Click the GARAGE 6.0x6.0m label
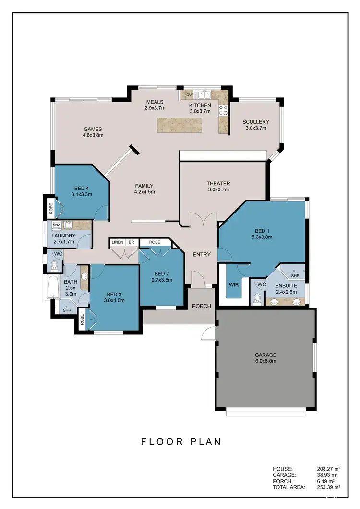[x=265, y=358]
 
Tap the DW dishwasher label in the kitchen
[x=189, y=95]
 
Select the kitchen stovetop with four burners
[x=223, y=110]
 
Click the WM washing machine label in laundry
[x=56, y=225]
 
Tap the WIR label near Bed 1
[x=234, y=284]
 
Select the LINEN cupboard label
[x=118, y=242]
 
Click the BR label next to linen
[x=131, y=242]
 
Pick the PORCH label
[x=202, y=306]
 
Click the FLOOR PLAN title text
[x=181, y=441]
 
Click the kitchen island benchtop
[x=187, y=125]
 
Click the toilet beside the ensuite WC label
[x=257, y=299]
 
